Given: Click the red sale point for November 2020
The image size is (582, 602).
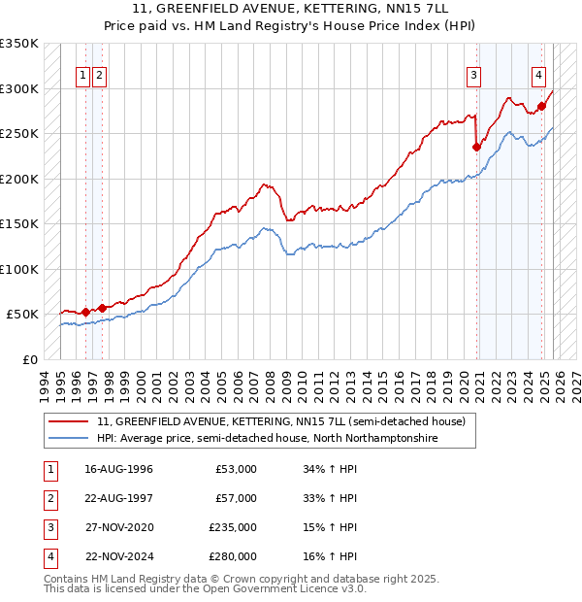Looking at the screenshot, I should tap(476, 148).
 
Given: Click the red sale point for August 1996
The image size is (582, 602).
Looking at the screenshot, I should tap(85, 312).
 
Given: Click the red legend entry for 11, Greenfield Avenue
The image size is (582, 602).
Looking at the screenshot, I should tap(281, 421).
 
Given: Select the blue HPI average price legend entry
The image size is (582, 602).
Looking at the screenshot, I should tap(267, 439).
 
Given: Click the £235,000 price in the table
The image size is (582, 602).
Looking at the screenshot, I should tap(233, 528).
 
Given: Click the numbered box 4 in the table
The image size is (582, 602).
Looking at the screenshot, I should tap(49, 557).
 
